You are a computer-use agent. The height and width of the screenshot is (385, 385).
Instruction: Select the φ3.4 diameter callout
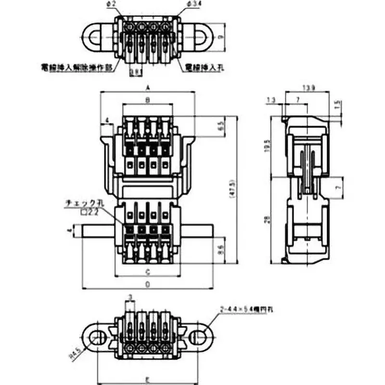click(x=190, y=4)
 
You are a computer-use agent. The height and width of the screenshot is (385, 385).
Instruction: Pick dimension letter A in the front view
click(x=147, y=88)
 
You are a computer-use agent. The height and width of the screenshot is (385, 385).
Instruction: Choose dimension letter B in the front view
click(x=147, y=100)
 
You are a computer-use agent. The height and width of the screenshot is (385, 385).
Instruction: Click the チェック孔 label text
click(x=79, y=204)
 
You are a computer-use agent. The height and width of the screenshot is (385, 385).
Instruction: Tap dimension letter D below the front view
click(x=147, y=284)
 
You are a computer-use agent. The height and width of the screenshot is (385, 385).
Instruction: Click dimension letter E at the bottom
click(x=147, y=379)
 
